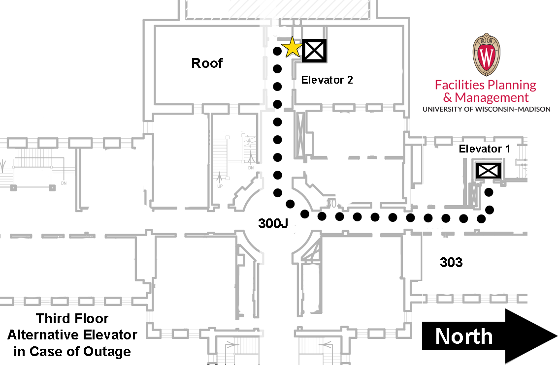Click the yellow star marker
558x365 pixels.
coord(292,47)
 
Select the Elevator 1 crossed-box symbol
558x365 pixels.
coord(488,171)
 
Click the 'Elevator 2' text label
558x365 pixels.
coord(327,80)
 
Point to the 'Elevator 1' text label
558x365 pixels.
coord(485,149)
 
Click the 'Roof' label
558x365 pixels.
coord(207,63)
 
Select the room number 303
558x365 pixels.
coord(451,263)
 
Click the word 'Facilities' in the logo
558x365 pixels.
coord(460,85)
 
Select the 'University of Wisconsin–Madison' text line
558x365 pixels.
coord(486,109)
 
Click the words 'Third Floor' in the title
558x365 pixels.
coord(72,319)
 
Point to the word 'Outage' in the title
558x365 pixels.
coord(107,352)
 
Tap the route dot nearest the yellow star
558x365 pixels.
coord(277,50)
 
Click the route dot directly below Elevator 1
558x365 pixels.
coord(489,192)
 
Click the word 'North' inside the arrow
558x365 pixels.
coord(464,336)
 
